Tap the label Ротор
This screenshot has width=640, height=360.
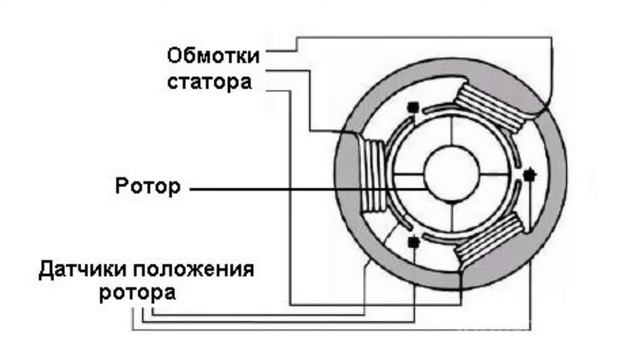pyautogui.click(x=148, y=186)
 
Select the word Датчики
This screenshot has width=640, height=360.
pyautogui.click(x=83, y=270)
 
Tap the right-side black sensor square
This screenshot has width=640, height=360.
pyautogui.click(x=530, y=174)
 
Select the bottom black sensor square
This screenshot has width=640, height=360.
pyautogui.click(x=413, y=241)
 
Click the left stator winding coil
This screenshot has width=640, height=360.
pyautogui.click(x=372, y=176)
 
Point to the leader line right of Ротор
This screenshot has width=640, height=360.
pyautogui.click(x=290, y=187)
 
